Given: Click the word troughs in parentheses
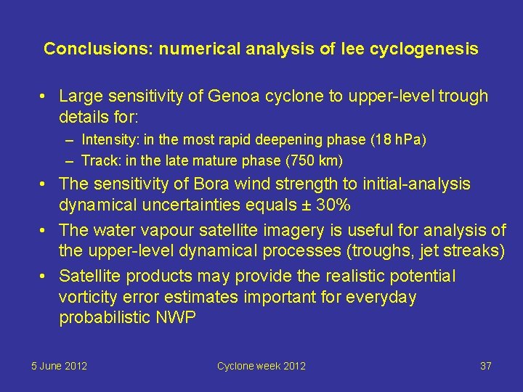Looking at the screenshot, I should (x=387, y=251).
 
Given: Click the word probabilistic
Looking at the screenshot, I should (x=107, y=317).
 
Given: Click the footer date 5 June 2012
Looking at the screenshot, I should (x=59, y=366).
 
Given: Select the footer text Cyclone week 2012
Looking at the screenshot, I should (x=261, y=366).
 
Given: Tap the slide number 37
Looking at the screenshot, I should (x=486, y=366).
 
